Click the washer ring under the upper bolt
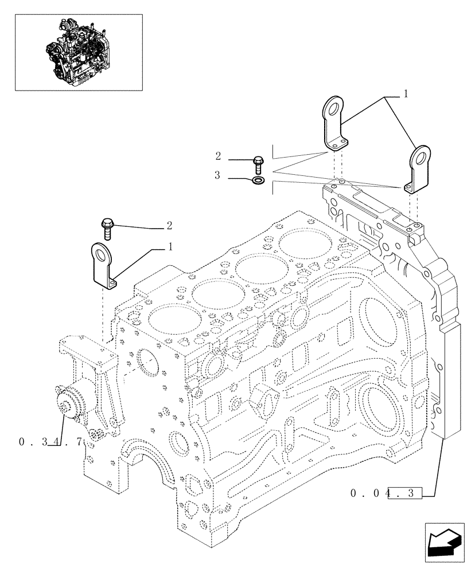[258, 182]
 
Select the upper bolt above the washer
[258, 164]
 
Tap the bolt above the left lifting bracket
[107, 228]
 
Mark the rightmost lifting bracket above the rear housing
[417, 170]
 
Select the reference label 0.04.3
[388, 492]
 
